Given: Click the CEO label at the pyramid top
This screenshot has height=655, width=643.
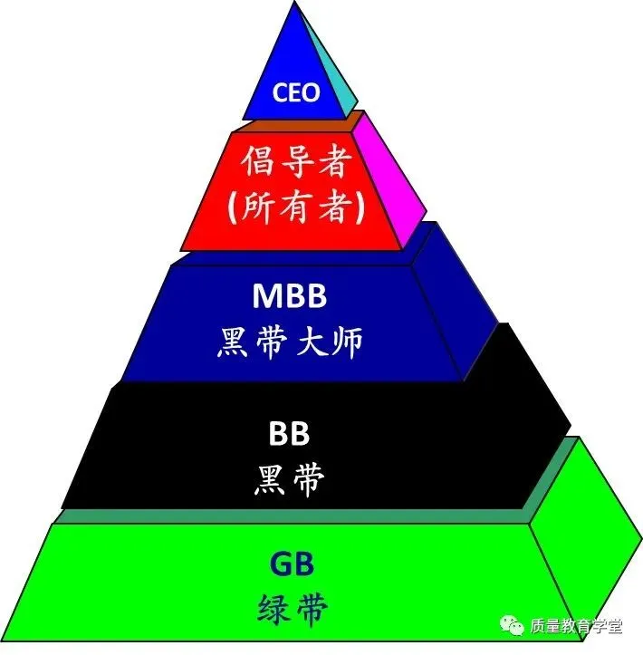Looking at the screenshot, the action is point(296,93).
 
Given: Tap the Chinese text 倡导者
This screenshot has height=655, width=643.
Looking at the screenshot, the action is point(296,164).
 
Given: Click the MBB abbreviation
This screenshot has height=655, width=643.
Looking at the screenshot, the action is point(289,297).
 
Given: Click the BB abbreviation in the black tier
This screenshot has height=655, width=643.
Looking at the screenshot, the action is point(289,434).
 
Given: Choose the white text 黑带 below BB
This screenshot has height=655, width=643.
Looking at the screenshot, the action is point(289,480).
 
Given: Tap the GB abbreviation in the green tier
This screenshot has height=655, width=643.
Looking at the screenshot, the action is point(290,564).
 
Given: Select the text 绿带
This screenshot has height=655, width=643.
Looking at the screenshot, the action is point(290,607).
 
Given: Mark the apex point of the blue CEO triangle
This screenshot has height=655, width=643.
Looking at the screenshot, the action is point(295,5).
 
